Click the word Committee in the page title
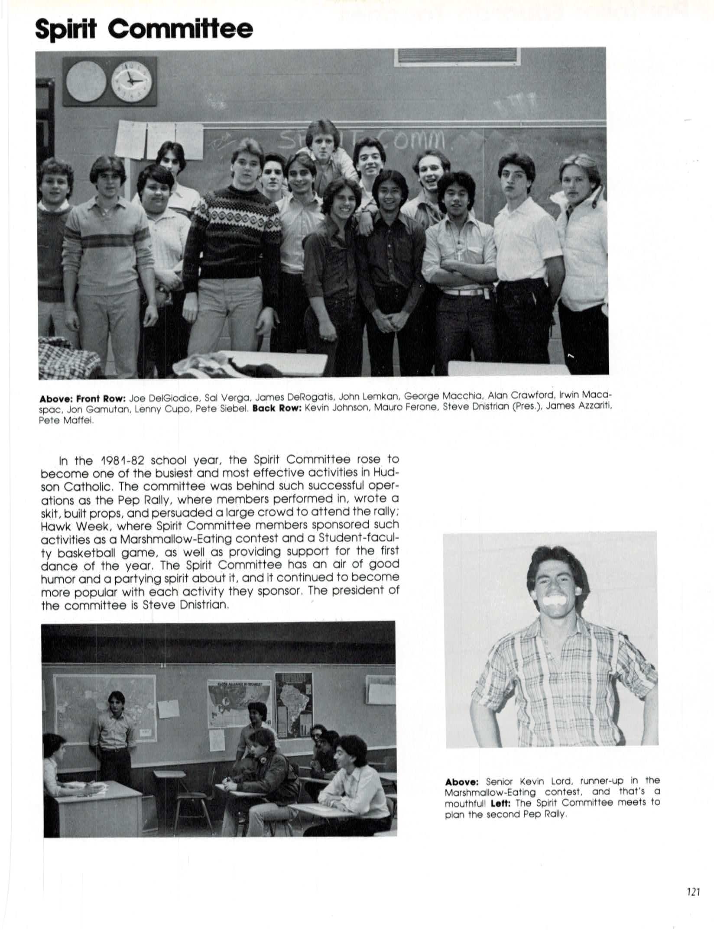pyautogui.click(x=180, y=29)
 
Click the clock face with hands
pyautogui.click(x=131, y=82)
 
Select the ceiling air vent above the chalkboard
pyautogui.click(x=457, y=57)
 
